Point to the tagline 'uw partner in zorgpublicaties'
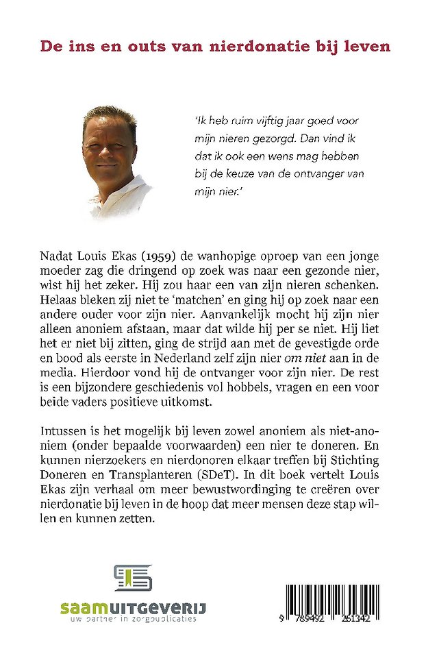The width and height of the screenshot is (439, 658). [x=127, y=619]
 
